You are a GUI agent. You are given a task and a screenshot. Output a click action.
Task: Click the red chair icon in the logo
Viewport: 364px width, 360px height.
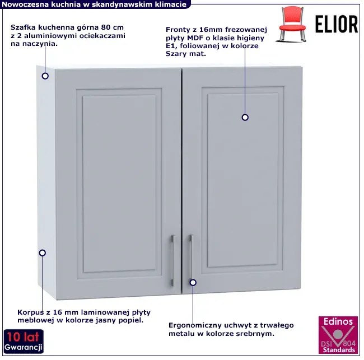(292, 24)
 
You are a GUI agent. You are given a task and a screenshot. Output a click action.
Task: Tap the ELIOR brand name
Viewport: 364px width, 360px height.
(337, 25)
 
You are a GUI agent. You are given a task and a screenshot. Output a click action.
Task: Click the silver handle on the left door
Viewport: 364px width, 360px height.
(172, 260)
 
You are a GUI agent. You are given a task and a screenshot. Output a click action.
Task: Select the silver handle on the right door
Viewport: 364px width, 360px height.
(191, 258)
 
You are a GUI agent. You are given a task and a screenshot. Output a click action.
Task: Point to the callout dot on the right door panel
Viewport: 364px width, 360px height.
(245, 118)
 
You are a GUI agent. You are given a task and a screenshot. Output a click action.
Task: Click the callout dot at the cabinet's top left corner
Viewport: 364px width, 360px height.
(45, 76)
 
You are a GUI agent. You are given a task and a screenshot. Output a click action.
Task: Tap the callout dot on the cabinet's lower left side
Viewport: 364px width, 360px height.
(42, 253)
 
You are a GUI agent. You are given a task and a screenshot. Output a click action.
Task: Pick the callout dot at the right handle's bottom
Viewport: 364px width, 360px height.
(193, 283)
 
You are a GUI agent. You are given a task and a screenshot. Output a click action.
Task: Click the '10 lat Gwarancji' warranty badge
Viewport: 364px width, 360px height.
(24, 341)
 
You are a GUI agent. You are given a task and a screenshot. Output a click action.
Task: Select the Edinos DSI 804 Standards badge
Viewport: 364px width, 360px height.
(338, 335)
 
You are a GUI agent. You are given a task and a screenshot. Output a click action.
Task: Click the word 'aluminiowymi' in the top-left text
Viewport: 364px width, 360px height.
(52, 36)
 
